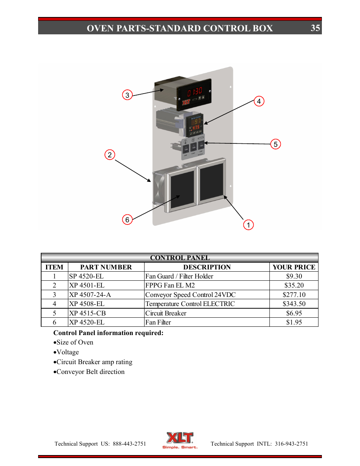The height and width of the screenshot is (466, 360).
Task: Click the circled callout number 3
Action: pos(127,95)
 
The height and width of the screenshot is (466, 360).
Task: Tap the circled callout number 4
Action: pos(259,101)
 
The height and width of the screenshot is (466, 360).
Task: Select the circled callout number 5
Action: pos(275,144)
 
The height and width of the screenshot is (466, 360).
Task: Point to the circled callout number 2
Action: pos(109,155)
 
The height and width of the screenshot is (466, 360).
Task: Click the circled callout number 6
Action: pos(127,220)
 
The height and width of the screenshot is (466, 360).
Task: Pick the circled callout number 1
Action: pos(248,225)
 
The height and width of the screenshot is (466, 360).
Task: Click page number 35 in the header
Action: pos(315,28)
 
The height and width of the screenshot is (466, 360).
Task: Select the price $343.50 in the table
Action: pos(294,304)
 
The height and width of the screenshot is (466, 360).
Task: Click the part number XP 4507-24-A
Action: pos(90,295)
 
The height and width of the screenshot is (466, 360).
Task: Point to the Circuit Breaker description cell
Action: pos(166,313)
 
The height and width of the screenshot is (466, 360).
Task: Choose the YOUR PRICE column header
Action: pos(294,267)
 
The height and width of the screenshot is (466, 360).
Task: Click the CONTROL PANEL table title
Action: pos(180,258)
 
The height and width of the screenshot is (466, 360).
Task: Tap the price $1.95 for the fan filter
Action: pos(294,322)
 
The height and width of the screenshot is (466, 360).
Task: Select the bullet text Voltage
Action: pos(68,352)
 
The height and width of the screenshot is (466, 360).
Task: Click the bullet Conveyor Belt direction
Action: pos(90,372)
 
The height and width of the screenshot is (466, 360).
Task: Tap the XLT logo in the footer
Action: pos(180,440)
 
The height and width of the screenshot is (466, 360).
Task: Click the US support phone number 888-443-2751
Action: pos(129,444)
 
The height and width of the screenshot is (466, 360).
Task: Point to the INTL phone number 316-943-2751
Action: pos(291,444)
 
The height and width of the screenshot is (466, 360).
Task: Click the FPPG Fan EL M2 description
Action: pos(170,285)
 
